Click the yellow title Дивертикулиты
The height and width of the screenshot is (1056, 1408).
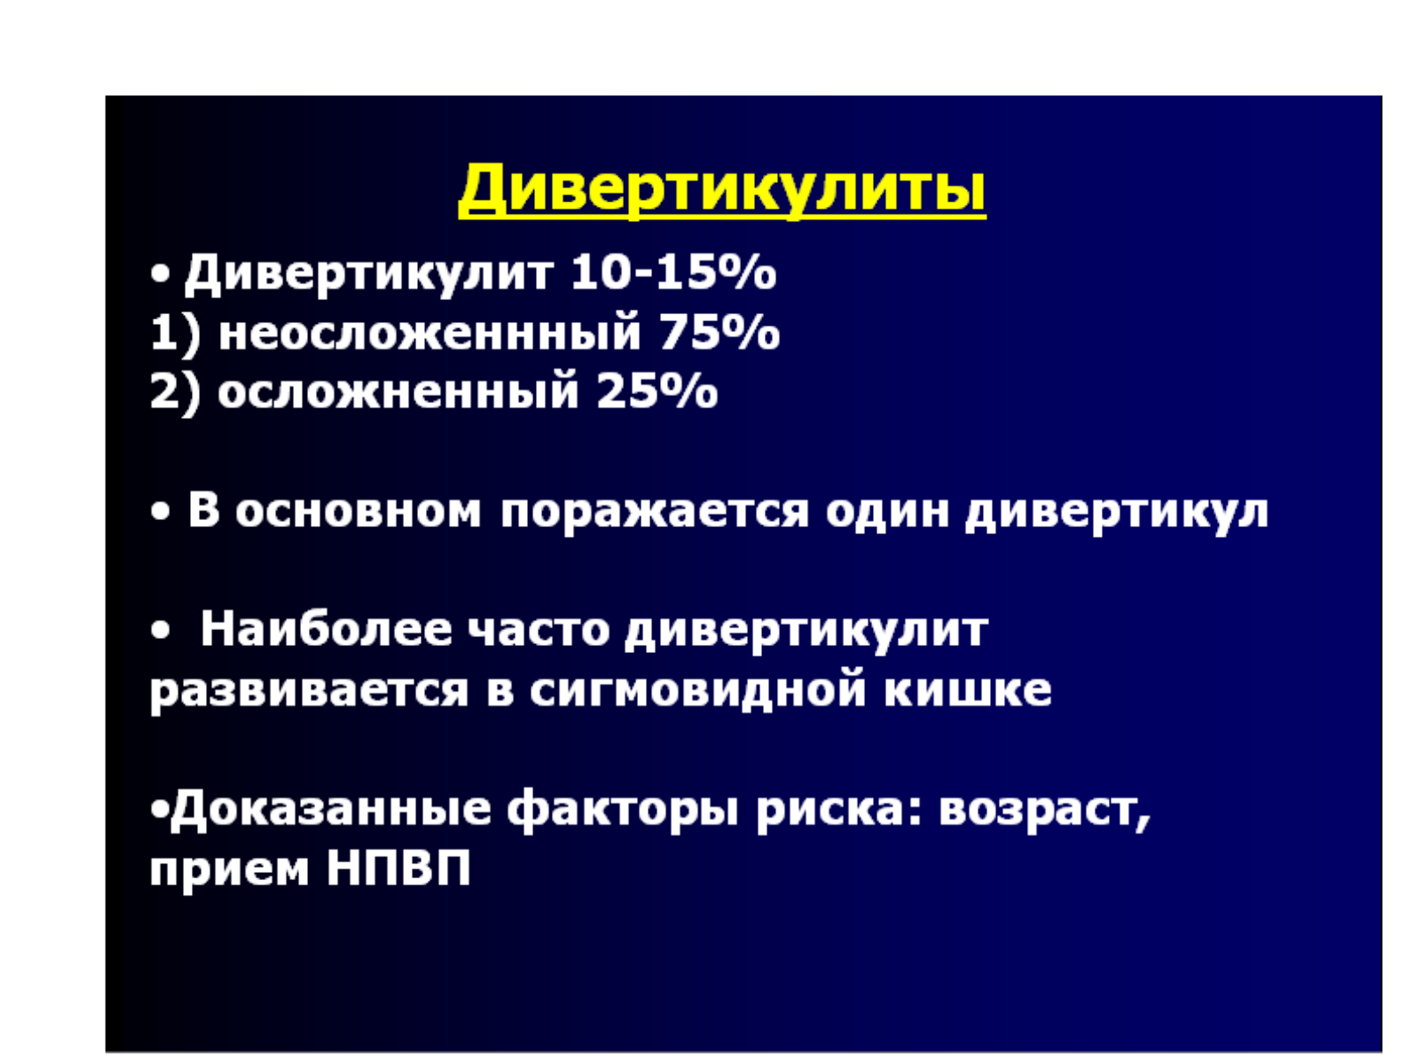[722, 190]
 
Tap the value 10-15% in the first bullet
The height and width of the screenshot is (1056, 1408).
[673, 273]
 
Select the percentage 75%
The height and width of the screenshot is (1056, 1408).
[719, 332]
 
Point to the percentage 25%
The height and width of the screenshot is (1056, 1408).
[657, 391]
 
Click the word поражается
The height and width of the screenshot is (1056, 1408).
[654, 514]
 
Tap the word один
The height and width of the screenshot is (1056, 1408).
[887, 512]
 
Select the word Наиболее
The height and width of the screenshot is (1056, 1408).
[326, 629]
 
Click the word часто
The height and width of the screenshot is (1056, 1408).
[539, 630]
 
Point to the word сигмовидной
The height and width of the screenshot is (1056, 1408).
[698, 691]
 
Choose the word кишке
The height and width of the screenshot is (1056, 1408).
[968, 691]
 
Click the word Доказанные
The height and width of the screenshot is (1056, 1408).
[331, 810]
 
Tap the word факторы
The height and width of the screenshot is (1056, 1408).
[622, 811]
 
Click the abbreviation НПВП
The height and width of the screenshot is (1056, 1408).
[399, 869]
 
